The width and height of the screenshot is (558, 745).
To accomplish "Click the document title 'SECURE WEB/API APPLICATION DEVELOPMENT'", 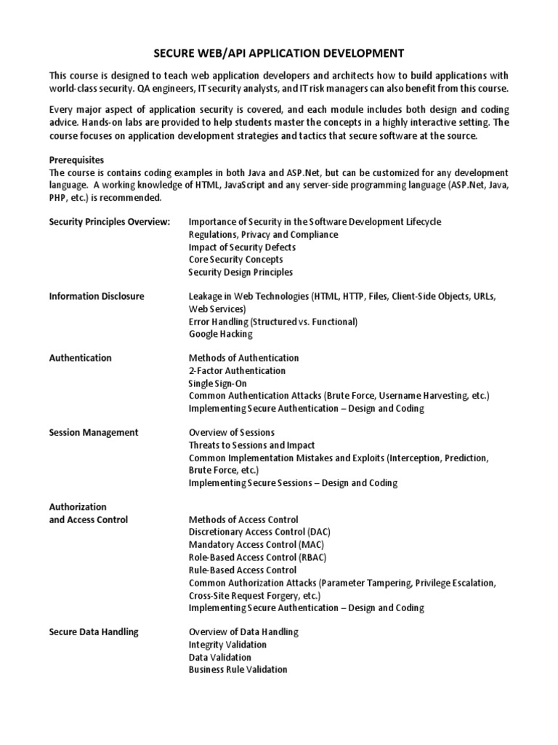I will tap(278, 53).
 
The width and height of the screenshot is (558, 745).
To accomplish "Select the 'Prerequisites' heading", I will tap(76, 159).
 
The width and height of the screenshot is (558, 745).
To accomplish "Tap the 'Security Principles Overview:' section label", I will tap(110, 221).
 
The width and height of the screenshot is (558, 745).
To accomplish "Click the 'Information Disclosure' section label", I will tap(97, 296).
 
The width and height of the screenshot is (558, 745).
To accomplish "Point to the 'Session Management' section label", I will tap(94, 432).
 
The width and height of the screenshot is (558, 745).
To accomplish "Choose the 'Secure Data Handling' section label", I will tap(94, 632).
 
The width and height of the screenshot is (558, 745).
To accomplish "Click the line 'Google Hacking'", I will tap(221, 334).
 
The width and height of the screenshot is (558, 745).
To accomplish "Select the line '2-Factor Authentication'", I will tap(237, 370).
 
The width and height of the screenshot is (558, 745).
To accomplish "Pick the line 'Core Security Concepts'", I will tap(236, 259).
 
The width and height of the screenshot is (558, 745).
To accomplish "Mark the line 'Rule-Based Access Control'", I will tap(243, 570).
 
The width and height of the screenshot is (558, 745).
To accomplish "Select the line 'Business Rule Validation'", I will tap(238, 669).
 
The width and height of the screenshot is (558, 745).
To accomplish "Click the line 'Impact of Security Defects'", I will tap(242, 247).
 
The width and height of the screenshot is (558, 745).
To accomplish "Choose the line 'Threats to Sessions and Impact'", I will tap(252, 445).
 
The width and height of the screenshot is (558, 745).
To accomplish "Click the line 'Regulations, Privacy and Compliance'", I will tap(263, 234).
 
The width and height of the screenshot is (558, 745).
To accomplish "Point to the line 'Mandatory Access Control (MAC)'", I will tap(256, 544).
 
